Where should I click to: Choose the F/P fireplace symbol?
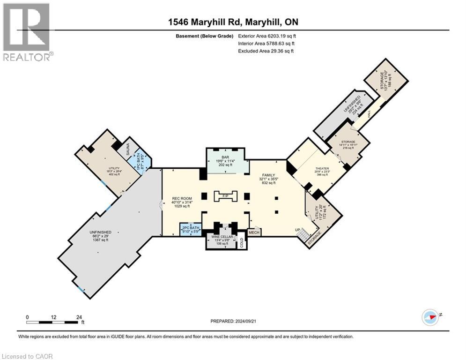pyautogui.click(x=226, y=195)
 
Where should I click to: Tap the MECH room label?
pyautogui.click(x=254, y=232)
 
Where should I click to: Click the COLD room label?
pyautogui.click(x=242, y=243)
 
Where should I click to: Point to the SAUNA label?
pyautogui.click(x=126, y=150)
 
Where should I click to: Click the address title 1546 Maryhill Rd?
pyautogui.click(x=233, y=22)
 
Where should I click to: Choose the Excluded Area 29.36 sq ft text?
pyautogui.click(x=266, y=51)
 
